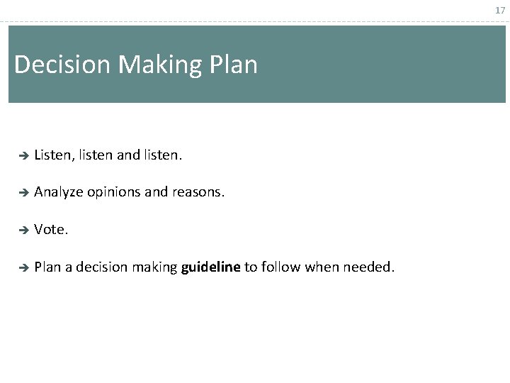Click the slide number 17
pyautogui.click(x=500, y=11)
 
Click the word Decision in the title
pyautogui.click(x=62, y=65)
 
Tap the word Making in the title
pyautogui.click(x=160, y=65)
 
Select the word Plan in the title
pyautogui.click(x=234, y=65)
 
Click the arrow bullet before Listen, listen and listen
pyautogui.click(x=22, y=154)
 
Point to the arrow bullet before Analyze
pyautogui.click(x=22, y=191)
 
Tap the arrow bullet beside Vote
pyautogui.click(x=22, y=230)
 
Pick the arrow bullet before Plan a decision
pyautogui.click(x=22, y=268)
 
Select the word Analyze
pyautogui.click(x=59, y=191)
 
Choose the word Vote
pyautogui.click(x=51, y=230)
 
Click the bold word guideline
pyautogui.click(x=210, y=267)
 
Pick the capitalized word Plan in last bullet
pyautogui.click(x=47, y=267)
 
